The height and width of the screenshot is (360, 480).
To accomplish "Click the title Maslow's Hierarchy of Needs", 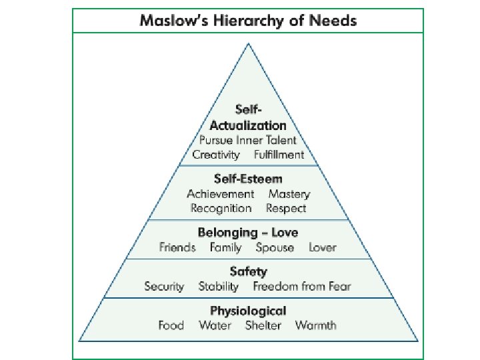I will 248,21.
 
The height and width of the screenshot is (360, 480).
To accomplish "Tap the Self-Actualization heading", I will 248,117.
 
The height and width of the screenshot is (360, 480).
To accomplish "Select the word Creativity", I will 215,155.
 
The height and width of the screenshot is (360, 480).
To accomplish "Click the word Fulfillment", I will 279,155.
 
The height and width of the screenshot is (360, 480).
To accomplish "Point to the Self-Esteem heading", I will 248,179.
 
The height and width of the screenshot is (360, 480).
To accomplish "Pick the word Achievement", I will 220,194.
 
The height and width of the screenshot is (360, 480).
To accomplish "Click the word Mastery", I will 289,194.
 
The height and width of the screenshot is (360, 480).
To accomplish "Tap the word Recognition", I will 221,208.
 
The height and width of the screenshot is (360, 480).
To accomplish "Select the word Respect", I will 286,208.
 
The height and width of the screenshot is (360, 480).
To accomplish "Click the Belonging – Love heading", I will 248,233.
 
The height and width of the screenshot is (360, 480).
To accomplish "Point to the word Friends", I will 177,247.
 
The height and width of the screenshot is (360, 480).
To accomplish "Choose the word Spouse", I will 274,247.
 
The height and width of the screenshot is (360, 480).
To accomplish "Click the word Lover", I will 323,247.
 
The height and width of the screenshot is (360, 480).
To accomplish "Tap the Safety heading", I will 248,271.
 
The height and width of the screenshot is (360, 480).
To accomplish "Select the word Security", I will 164,287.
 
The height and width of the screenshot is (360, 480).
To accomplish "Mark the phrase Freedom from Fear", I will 301,287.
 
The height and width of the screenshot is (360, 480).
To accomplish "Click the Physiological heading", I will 248,311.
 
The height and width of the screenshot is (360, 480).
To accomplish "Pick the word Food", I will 171,326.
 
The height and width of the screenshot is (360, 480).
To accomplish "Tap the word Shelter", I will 263,326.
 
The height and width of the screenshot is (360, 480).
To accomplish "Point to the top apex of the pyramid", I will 249,44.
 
